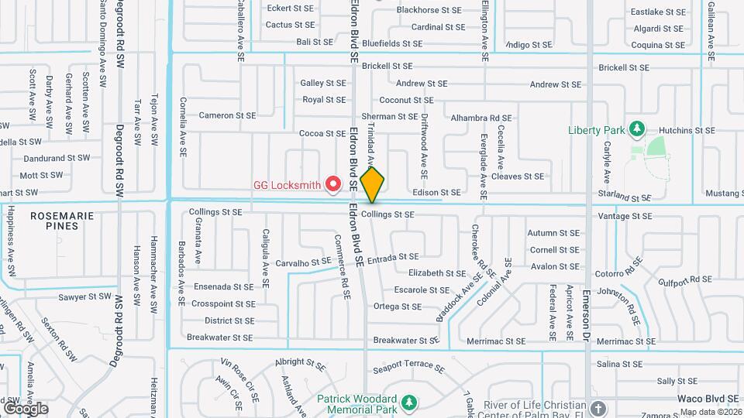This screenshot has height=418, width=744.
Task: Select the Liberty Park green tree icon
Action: [638, 128]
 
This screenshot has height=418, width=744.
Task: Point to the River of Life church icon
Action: [598, 407]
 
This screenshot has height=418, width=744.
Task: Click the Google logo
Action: [26, 408]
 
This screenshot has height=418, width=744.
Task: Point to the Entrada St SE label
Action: [393, 257]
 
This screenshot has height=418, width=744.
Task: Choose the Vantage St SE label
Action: [625, 217]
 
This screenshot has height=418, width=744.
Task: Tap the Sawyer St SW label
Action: [85, 296]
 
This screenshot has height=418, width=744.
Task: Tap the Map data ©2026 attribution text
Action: [711, 412]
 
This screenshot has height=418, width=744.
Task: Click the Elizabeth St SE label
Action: [437, 273]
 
